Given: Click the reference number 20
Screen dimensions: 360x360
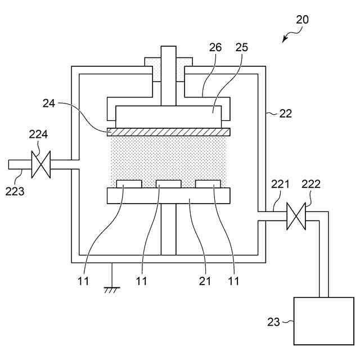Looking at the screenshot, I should point(302,20).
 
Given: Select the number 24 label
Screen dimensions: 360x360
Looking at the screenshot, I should point(49,103).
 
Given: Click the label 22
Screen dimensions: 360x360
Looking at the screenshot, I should point(286,113).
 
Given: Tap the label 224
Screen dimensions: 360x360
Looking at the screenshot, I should point(39,135).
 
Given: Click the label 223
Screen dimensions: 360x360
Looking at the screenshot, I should point(15,191).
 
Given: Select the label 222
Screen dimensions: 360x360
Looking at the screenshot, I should point(311,183).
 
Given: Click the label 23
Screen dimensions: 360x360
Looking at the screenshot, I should point(273,322).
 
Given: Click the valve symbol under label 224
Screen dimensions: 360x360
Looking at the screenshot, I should point(40,164).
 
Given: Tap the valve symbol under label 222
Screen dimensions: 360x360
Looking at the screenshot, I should point(296,217).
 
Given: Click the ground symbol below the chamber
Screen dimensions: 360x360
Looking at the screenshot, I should point(111,289).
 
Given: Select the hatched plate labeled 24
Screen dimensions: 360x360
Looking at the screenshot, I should point(169,132).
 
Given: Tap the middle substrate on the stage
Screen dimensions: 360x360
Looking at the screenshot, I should point(169,184).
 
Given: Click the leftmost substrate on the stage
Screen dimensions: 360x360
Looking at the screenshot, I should point(129,184).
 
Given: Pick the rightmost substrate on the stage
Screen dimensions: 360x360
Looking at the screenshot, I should point(208,184).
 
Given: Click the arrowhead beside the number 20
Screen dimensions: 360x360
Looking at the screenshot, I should point(285,40).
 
